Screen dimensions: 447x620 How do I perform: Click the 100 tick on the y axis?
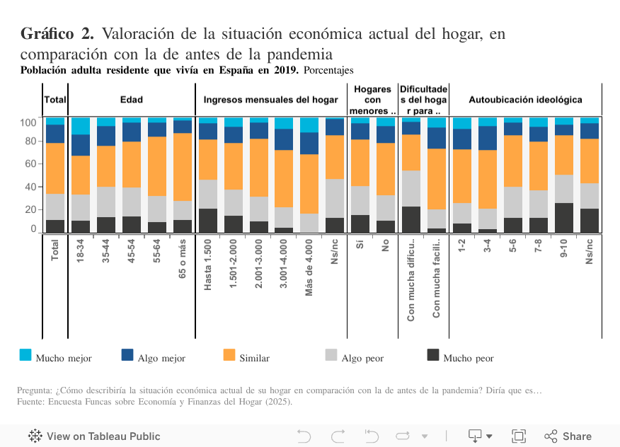[x=28, y=122]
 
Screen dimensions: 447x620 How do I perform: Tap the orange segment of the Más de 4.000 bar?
[x=309, y=184]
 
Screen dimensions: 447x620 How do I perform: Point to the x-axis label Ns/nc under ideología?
[x=590, y=250]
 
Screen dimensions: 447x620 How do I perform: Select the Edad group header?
[x=131, y=100]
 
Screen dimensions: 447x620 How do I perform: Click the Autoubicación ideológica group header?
[x=525, y=100]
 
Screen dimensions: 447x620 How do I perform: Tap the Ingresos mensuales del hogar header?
[x=270, y=100]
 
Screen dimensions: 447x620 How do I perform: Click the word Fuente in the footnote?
[x=30, y=402]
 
